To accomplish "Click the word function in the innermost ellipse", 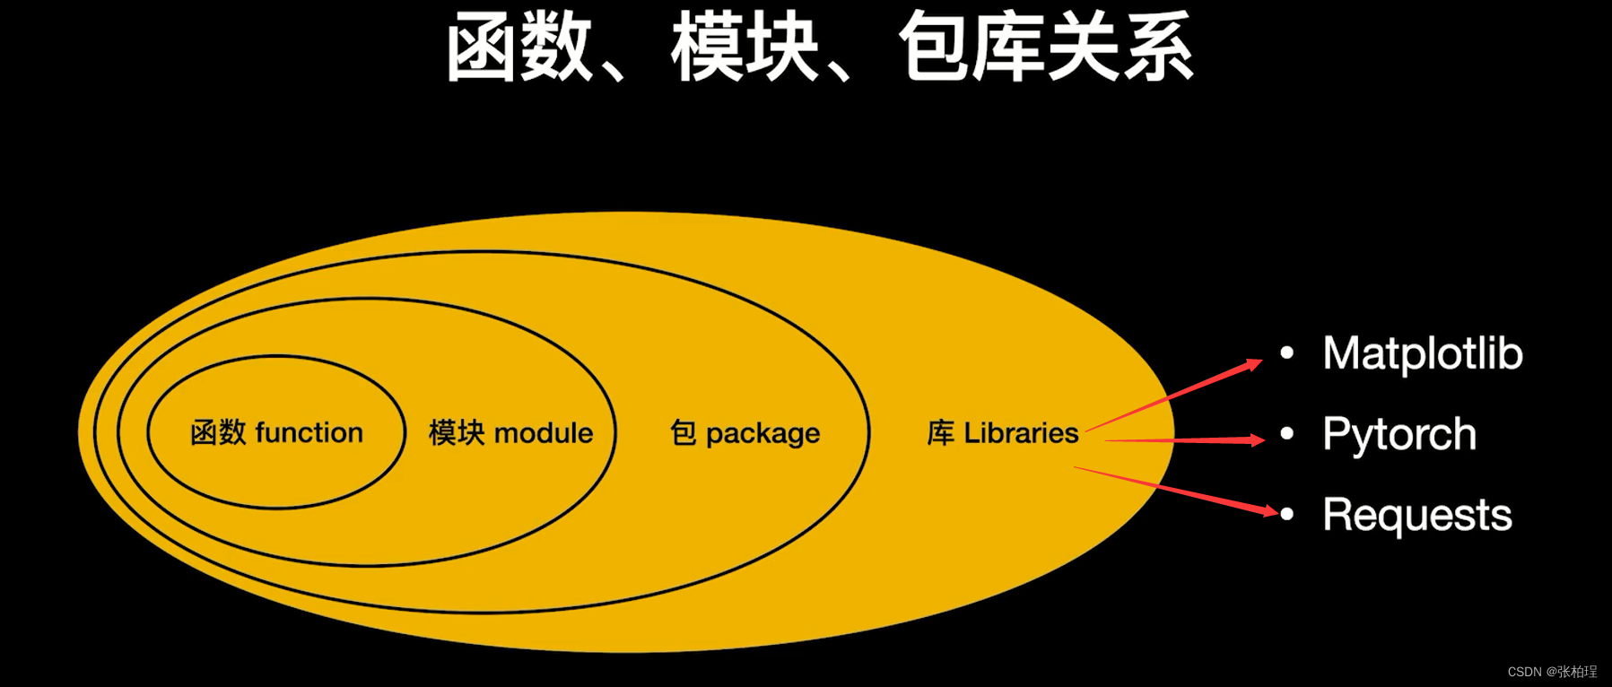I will (x=309, y=433).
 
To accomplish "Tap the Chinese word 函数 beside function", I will (x=218, y=433).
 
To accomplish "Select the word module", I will (x=544, y=433).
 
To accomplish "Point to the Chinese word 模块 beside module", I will (x=457, y=433).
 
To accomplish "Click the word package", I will (x=762, y=434).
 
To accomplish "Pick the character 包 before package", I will (x=683, y=433).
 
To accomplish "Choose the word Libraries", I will (x=1021, y=433).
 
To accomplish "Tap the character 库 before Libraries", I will (x=940, y=433).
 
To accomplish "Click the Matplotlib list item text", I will (x=1423, y=353).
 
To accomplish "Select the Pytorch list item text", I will (x=1399, y=435).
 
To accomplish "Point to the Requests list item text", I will (x=1417, y=516).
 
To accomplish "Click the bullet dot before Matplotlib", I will (x=1287, y=353).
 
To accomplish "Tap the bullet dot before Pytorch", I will (x=1287, y=435).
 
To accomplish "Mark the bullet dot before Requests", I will (x=1287, y=515).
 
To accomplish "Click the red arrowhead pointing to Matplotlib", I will (x=1252, y=364).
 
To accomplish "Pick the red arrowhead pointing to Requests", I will (x=1268, y=511).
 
